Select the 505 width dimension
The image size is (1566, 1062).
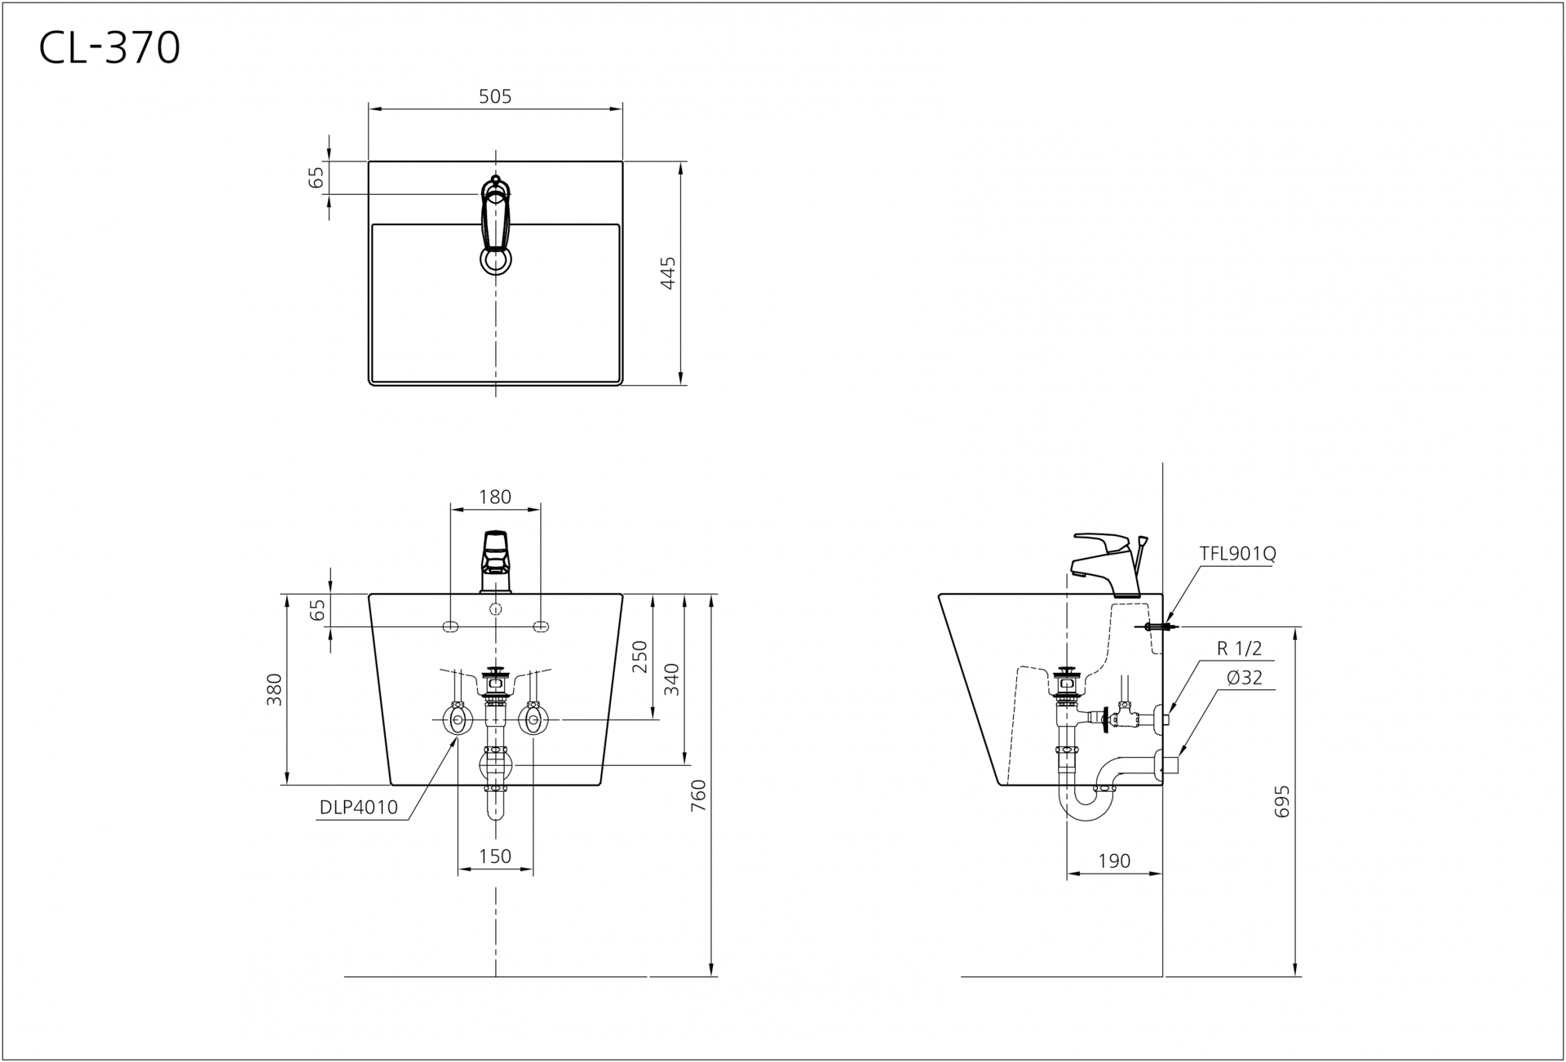[x=495, y=96]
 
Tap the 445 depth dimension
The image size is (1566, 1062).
[x=668, y=272]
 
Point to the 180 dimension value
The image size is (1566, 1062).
[x=495, y=497]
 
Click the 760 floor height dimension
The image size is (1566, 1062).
[x=699, y=795]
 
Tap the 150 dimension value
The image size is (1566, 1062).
[x=495, y=856]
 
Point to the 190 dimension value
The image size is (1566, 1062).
[x=1114, y=861]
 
